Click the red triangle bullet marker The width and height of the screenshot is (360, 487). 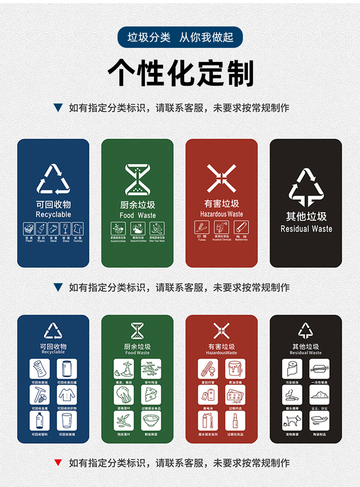pyautogui.click(x=58, y=463)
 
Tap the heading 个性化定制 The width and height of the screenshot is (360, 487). pyautogui.click(x=180, y=73)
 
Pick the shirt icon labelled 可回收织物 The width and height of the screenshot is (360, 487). pyautogui.click(x=67, y=395)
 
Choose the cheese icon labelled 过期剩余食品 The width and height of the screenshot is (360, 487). pyautogui.click(x=151, y=395)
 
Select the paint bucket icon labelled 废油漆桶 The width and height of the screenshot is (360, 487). pyautogui.click(x=235, y=369)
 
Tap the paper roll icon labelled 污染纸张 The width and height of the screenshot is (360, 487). pyautogui.click(x=292, y=369)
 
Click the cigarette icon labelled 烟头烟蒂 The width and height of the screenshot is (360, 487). pyautogui.click(x=292, y=395)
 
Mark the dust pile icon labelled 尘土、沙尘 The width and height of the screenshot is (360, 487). pyautogui.click(x=319, y=395)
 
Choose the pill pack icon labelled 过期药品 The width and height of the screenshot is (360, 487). pyautogui.click(x=235, y=395)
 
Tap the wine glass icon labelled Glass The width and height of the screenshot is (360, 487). pyautogui.click(x=66, y=228)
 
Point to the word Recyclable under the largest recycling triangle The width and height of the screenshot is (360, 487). pyautogui.click(x=53, y=214)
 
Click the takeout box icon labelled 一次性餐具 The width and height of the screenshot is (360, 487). pyautogui.click(x=319, y=369)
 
